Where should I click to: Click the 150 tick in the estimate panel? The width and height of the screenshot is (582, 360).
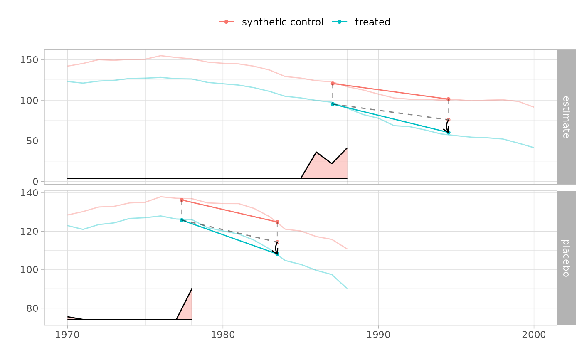point(30,59)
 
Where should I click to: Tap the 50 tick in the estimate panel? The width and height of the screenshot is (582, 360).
point(32,141)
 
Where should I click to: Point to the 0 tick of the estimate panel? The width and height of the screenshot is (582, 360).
point(35,182)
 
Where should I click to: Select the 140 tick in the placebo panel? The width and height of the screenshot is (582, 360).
point(30,193)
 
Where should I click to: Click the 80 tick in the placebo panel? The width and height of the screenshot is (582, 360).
point(32,308)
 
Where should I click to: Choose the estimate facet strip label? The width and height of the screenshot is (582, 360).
point(566,117)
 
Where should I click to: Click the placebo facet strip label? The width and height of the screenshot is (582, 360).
point(566,258)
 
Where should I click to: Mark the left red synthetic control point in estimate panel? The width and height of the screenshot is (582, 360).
point(333,84)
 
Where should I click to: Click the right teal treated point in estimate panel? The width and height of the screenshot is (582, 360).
point(448,132)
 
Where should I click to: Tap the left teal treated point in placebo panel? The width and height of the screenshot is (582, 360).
point(182,220)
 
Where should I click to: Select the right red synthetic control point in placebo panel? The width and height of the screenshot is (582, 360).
point(277,222)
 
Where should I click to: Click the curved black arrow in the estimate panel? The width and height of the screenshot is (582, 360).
point(446,126)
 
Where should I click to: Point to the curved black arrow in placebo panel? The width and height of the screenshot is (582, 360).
point(276,249)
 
